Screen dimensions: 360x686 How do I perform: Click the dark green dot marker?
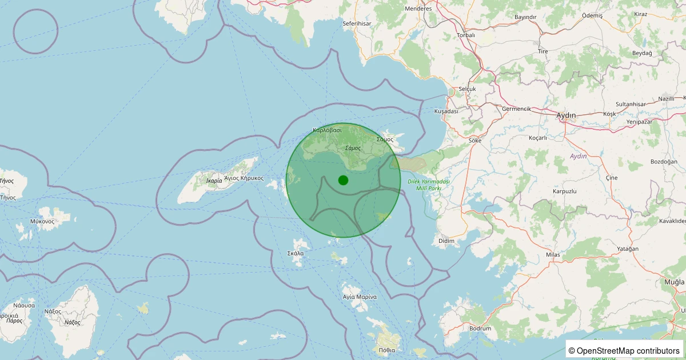tap(343, 180)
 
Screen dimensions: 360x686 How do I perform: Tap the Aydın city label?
tap(566, 115)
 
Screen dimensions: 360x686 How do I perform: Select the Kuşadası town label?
tap(446, 111)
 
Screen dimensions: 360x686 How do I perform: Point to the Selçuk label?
tap(467, 89)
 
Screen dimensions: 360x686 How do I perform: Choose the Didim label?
tap(446, 241)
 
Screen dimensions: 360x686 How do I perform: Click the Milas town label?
tap(553, 254)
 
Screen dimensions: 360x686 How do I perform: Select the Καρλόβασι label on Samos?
tap(327, 130)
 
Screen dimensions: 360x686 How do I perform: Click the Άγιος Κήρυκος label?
tap(244, 178)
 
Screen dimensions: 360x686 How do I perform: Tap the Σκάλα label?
tap(296, 253)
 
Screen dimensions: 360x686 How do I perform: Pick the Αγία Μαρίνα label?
tap(360, 297)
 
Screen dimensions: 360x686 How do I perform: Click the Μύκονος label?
tap(42, 221)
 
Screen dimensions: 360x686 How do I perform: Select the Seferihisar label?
tap(357, 23)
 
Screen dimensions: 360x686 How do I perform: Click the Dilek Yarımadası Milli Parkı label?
tap(429, 185)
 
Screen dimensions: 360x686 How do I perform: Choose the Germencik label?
tap(516, 109)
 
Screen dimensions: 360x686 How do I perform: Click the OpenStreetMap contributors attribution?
tap(624, 350)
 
